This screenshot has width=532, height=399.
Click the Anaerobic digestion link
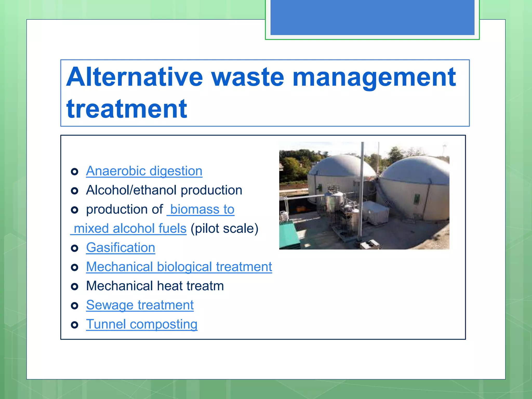[144, 171]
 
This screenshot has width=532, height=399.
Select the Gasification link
[121, 248]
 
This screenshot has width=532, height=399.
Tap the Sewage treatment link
[140, 305]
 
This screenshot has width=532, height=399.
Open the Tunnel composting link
[142, 324]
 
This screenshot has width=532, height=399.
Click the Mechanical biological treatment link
[179, 267]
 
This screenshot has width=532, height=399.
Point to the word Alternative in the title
[134, 77]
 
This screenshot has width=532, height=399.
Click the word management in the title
[374, 77]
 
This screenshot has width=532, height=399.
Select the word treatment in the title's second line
[127, 109]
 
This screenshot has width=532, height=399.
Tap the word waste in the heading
[248, 77]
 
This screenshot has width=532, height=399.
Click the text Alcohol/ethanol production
[164, 190]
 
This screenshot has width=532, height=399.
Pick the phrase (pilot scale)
[224, 229]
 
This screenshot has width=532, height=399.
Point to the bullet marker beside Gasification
[75, 248]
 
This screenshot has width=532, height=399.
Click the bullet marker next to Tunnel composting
[75, 325]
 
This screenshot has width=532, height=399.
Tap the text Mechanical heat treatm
[155, 286]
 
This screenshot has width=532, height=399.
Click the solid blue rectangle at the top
[372, 17]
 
